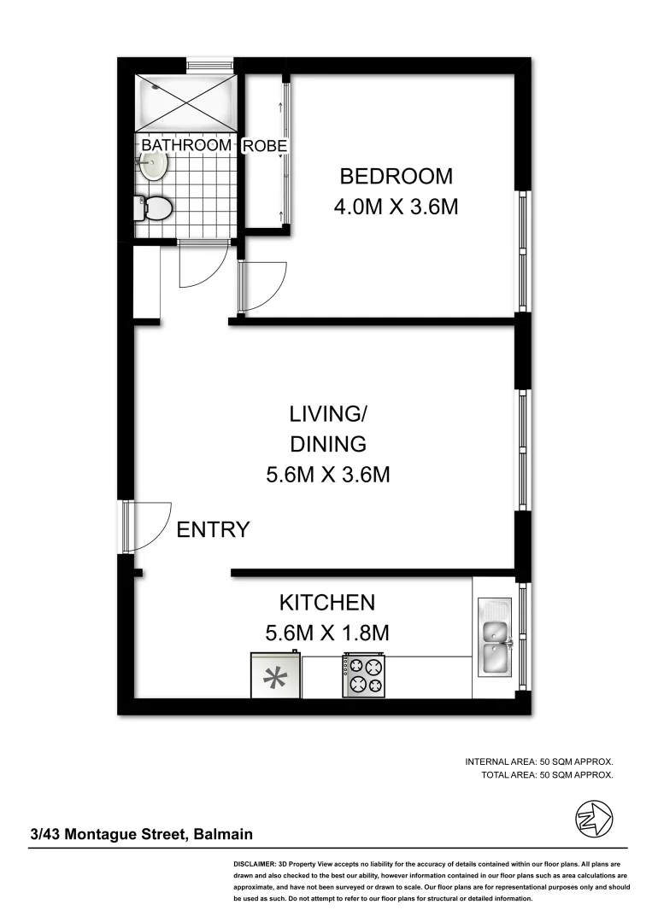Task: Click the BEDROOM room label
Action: (x=396, y=177)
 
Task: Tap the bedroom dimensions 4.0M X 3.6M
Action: (x=396, y=207)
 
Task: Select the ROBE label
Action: (x=265, y=146)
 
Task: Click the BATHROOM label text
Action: (x=186, y=145)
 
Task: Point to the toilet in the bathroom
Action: (x=155, y=207)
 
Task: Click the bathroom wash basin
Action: (x=154, y=167)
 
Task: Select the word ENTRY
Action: (x=213, y=529)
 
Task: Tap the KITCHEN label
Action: (x=327, y=603)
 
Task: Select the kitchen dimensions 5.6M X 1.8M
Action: (x=327, y=633)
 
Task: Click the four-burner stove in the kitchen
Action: (x=364, y=675)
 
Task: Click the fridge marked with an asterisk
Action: (x=274, y=677)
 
